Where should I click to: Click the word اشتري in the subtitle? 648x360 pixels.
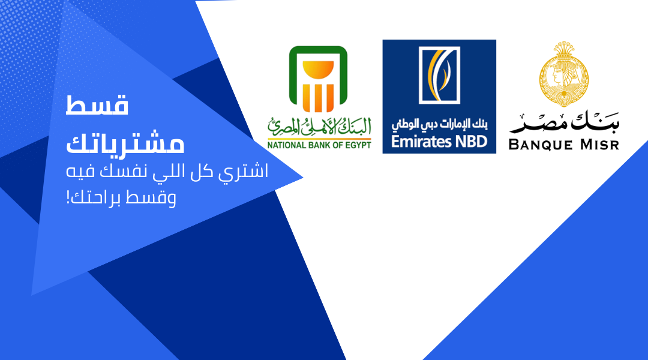point(246,172)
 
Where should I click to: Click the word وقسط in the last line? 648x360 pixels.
point(157,198)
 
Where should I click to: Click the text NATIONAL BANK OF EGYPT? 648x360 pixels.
point(319,145)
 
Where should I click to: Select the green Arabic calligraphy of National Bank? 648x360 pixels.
point(319,126)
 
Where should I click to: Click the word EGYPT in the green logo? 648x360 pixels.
point(358,145)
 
